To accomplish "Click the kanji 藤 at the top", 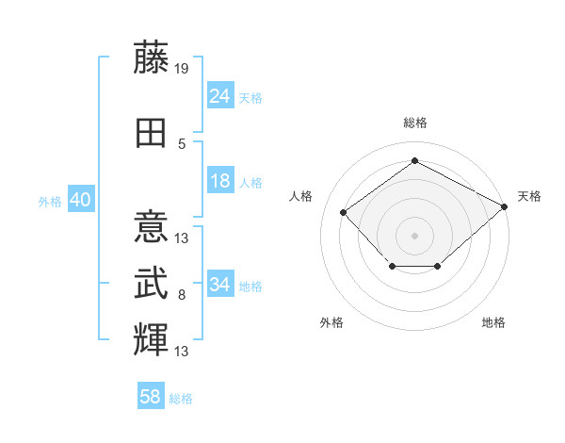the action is point(151,57).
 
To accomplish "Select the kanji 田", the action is point(151,133).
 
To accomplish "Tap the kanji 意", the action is point(151,226).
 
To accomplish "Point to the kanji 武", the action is point(151,283).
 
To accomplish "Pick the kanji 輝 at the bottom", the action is point(151,339).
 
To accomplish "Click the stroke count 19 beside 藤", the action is point(181,69).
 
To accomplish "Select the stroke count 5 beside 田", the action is point(182,144).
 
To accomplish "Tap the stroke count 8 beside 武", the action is point(182,295).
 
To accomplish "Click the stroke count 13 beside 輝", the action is point(181,352).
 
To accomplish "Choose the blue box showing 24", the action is point(220,95).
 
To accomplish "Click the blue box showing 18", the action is point(220,180).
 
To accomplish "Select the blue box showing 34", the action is point(220,283).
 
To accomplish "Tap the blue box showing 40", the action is point(81,199).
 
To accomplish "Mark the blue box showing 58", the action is point(151,395).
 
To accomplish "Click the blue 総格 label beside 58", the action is point(181,399).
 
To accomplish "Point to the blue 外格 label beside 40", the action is point(50,202).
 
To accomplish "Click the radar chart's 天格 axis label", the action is point(529,197).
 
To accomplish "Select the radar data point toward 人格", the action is point(344,212).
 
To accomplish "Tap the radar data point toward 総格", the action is point(414,160).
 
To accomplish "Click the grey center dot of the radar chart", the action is point(414,236).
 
